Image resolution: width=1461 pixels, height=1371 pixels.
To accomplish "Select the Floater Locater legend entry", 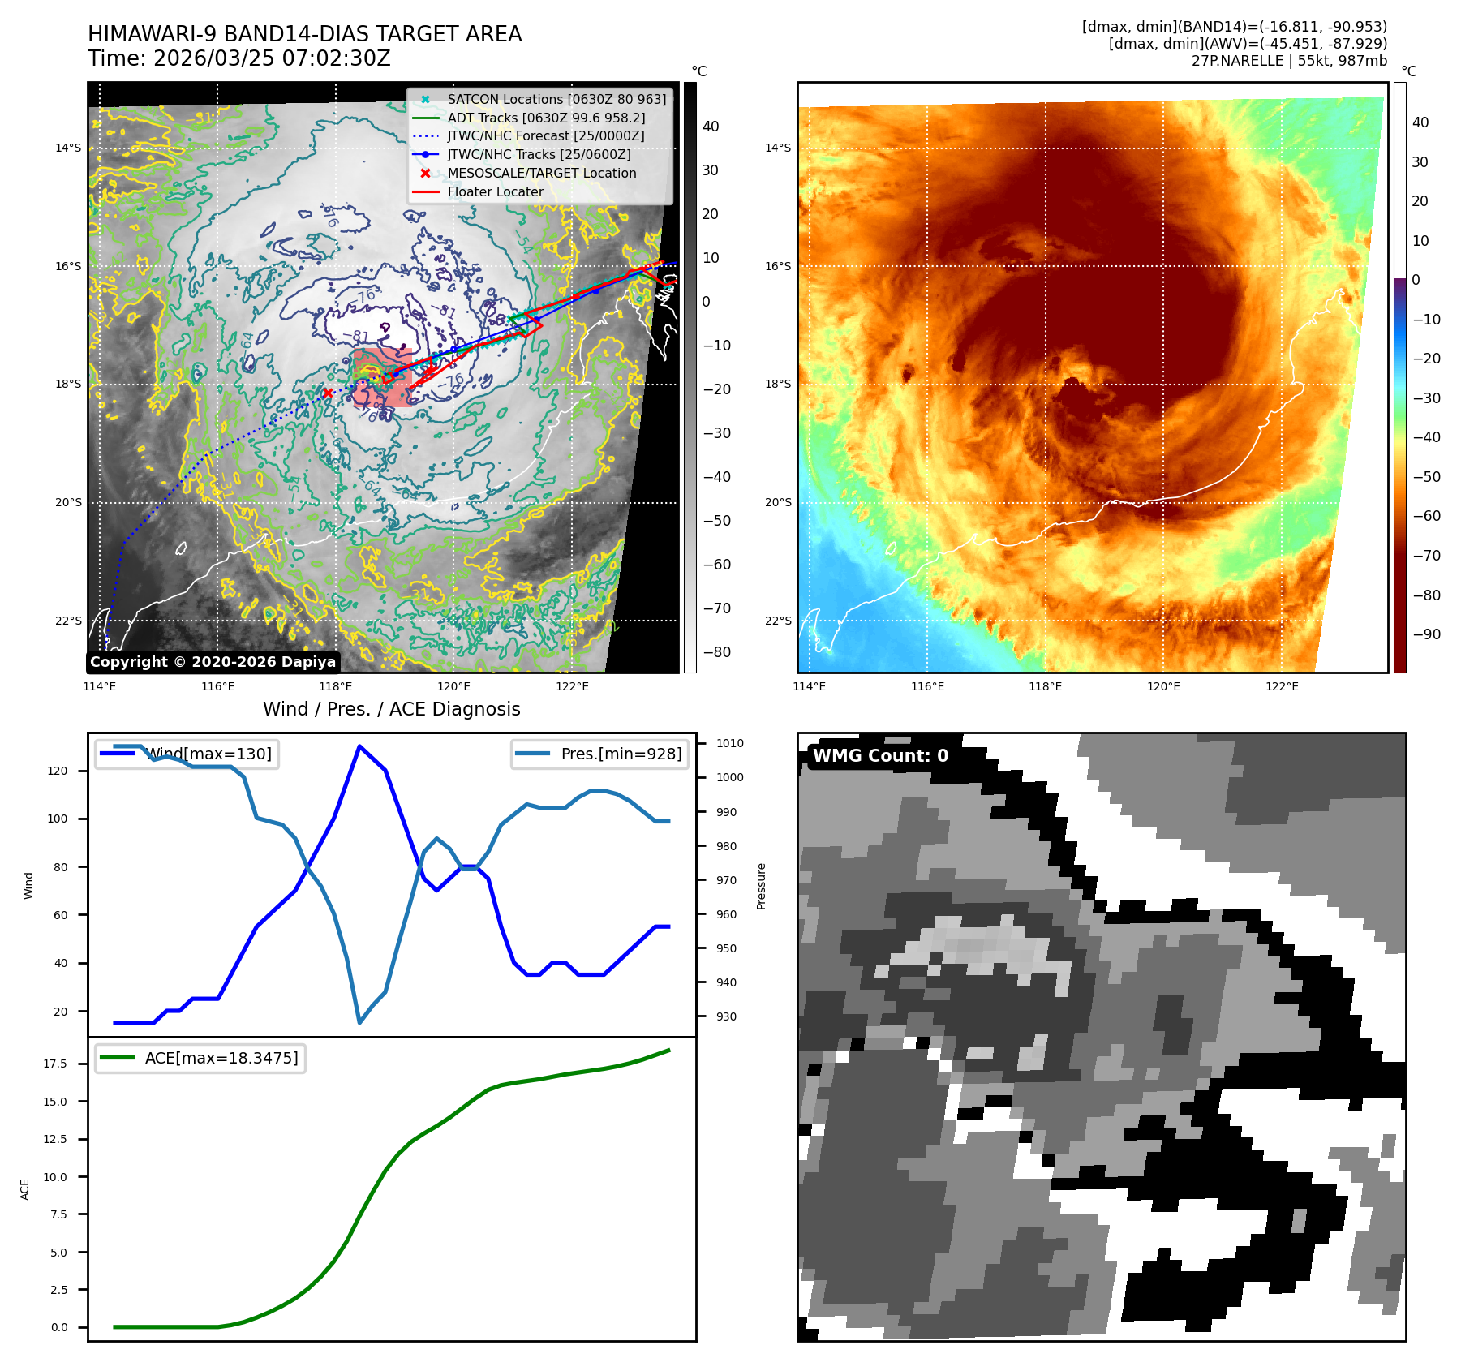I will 495,191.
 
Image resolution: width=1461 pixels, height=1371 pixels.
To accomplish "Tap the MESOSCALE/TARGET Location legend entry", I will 541,173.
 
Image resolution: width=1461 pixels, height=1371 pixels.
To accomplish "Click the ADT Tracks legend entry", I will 546,118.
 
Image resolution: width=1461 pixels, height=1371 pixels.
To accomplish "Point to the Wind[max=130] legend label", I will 208,754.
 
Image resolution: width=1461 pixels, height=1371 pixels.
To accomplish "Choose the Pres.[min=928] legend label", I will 621,754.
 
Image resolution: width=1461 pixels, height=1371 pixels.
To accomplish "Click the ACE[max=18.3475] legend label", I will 221,1058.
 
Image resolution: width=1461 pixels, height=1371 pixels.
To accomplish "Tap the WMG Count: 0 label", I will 880,755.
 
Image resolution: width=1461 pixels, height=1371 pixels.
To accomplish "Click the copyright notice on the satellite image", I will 213,662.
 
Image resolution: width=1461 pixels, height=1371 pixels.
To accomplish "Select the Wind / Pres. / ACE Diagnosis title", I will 392,709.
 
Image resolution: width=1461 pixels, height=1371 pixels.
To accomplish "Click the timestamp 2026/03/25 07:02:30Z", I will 272,58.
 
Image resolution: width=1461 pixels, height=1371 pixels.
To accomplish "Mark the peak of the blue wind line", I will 359,746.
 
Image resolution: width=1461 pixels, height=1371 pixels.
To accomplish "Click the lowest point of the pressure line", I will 359,1022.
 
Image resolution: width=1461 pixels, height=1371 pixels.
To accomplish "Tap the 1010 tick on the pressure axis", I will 729,743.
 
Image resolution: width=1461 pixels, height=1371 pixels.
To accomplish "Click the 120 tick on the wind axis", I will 58,771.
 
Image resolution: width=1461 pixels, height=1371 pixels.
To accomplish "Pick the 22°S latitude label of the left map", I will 68,621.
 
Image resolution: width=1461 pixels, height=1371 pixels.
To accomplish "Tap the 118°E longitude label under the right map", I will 1045,686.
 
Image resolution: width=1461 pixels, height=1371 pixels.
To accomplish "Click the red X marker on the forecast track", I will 327,393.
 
